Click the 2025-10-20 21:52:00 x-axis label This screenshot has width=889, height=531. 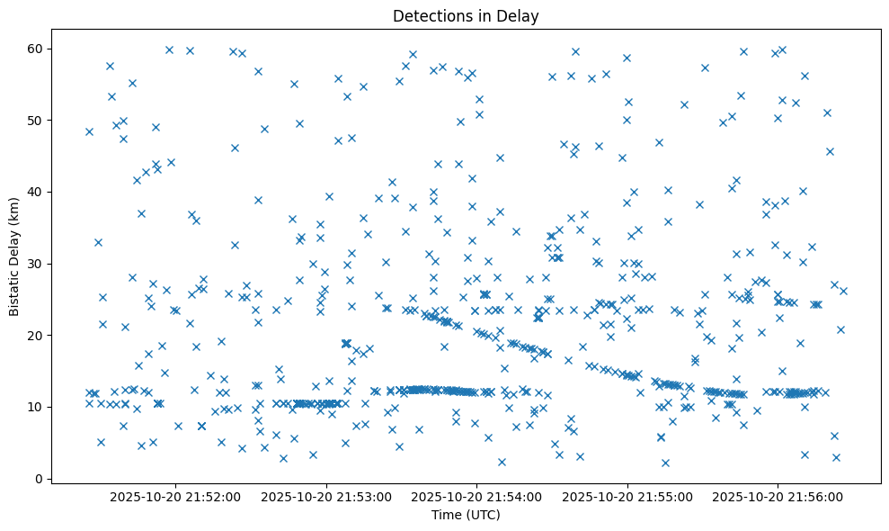point(175,496)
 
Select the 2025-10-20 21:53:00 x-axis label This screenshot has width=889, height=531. point(326,496)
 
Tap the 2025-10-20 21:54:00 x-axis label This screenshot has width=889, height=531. point(476,496)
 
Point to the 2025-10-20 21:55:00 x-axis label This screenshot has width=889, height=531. point(627,496)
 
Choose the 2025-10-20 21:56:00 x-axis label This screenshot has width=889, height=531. point(778,496)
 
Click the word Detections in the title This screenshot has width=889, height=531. point(427,16)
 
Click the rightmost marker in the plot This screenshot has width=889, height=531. point(843,291)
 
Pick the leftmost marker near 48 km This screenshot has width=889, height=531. point(89,131)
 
